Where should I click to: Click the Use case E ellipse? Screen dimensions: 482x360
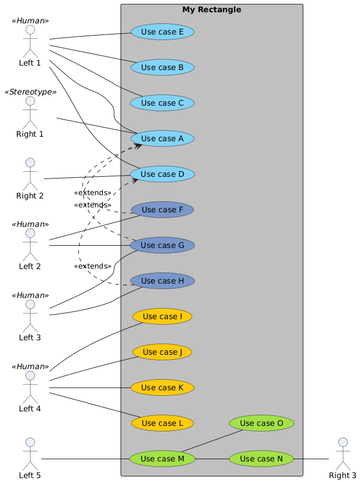pos(162,32)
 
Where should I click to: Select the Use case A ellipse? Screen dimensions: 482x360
pos(162,138)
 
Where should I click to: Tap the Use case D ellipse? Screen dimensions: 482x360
pos(162,174)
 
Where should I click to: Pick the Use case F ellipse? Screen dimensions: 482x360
pos(162,210)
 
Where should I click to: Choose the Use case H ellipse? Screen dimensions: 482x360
pos(162,281)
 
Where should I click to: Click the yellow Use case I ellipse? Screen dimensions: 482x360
pos(162,316)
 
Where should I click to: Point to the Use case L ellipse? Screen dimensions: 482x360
pos(162,423)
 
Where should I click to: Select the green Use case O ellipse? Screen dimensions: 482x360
pos(261,423)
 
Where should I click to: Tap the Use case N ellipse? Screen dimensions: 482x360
pos(261,459)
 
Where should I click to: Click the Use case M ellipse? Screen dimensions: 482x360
pos(162,459)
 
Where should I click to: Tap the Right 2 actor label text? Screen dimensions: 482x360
pos(30,196)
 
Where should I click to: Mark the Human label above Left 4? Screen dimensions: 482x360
pos(30,366)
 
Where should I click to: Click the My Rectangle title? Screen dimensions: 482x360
pos(211,9)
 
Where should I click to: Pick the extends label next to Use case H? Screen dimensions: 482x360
pos(92,266)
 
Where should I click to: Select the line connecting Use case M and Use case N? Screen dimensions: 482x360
pos(212,459)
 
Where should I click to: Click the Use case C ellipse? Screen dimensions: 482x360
pos(162,103)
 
